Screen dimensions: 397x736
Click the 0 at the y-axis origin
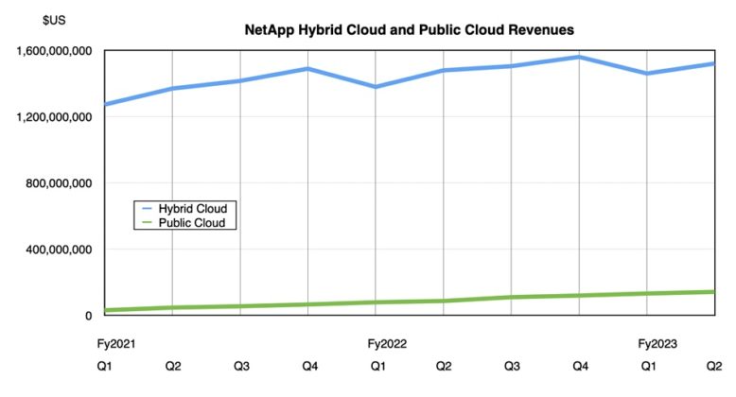[86, 316]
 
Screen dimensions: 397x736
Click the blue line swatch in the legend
[148, 208]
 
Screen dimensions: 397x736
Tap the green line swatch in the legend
[148, 222]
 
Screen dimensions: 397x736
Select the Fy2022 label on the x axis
[388, 343]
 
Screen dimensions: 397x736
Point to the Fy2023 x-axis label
[658, 343]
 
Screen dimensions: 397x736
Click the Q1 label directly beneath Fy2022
[377, 366]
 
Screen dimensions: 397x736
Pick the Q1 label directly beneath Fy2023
[648, 366]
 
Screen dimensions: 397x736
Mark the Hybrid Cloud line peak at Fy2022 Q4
[579, 57]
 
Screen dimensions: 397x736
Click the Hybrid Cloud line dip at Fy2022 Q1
[377, 87]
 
